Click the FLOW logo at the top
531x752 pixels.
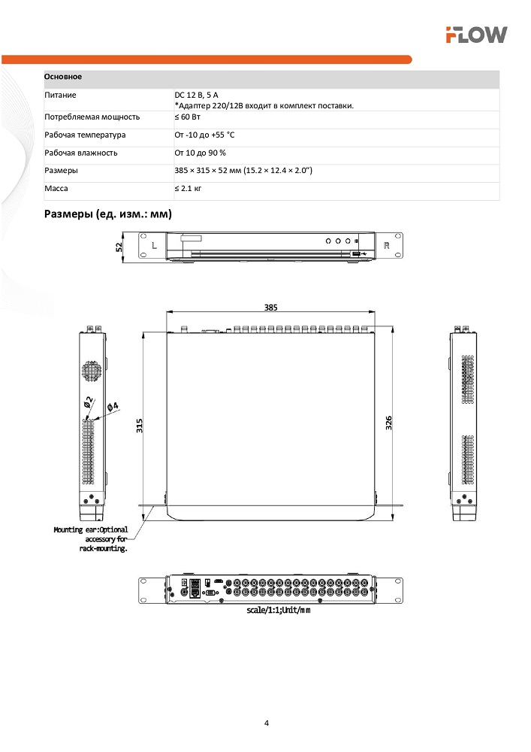pyautogui.click(x=476, y=34)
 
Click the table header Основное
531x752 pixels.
pyautogui.click(x=63, y=77)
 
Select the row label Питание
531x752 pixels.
pyautogui.click(x=60, y=96)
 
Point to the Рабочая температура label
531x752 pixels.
pyautogui.click(x=85, y=135)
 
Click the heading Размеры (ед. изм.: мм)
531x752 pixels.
pyautogui.click(x=108, y=214)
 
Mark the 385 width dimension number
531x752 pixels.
pyautogui.click(x=270, y=307)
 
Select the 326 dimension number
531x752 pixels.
pyautogui.click(x=389, y=423)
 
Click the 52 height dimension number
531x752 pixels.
pyautogui.click(x=119, y=249)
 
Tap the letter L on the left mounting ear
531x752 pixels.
pyautogui.click(x=154, y=246)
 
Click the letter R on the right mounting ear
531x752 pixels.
pyautogui.click(x=387, y=246)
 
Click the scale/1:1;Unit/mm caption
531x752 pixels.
pyautogui.click(x=278, y=610)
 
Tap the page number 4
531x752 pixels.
pyautogui.click(x=266, y=723)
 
